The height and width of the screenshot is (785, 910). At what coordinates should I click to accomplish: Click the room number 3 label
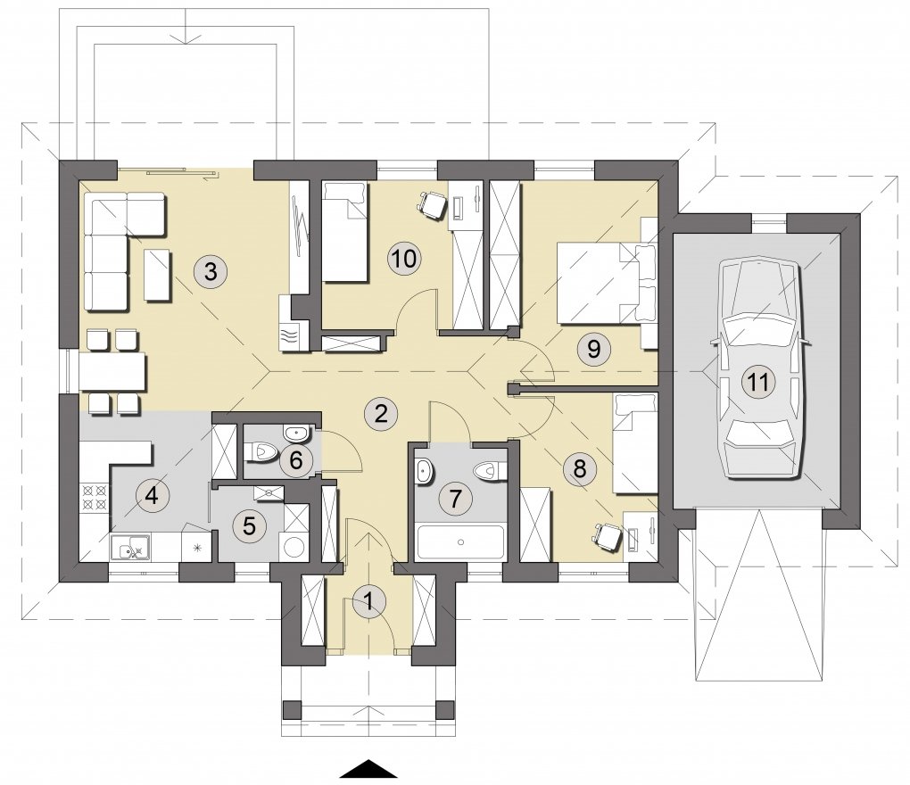coord(210,271)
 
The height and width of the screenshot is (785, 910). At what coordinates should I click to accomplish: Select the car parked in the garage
coord(759,369)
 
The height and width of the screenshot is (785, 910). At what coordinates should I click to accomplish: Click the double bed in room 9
coord(607,282)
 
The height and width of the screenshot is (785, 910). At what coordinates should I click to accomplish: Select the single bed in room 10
coord(344,232)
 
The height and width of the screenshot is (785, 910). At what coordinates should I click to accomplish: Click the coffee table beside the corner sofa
coord(157,275)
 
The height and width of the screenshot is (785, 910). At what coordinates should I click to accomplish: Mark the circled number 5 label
coord(249,525)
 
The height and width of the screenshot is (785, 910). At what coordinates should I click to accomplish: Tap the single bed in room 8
coord(635,443)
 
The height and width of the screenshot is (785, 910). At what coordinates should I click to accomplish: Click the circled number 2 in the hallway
coord(381,414)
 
